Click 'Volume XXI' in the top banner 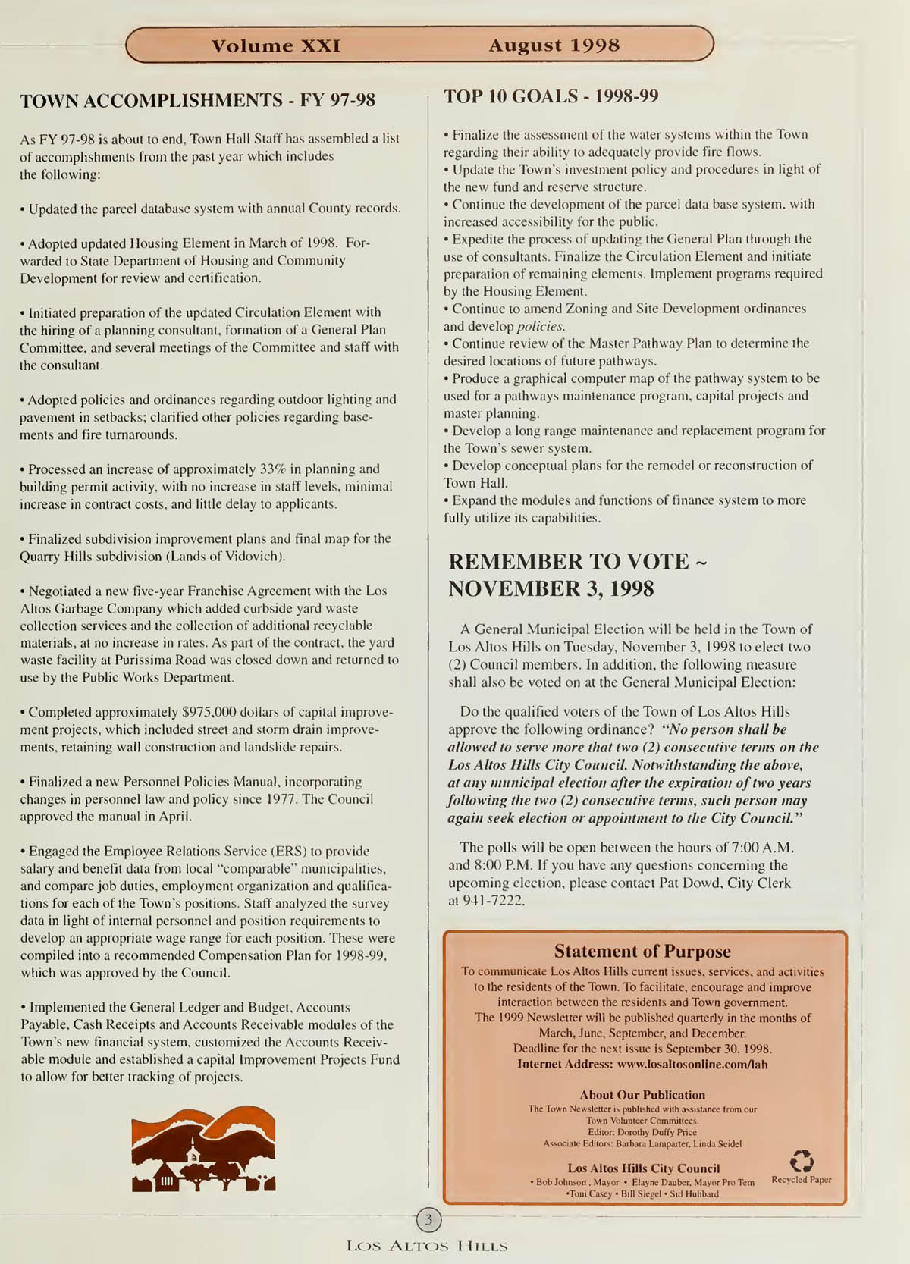click(x=275, y=45)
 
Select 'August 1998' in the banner click(x=554, y=45)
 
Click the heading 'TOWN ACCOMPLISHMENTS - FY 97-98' click(x=197, y=101)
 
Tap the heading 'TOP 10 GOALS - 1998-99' click(x=551, y=96)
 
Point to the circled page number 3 click(x=428, y=1220)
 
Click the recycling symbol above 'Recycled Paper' click(x=802, y=1161)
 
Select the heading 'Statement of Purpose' click(x=642, y=951)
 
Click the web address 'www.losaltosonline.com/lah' click(x=692, y=1065)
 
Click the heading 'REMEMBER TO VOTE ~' click(x=577, y=562)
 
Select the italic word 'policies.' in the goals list click(x=541, y=326)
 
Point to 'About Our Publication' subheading click(x=642, y=1095)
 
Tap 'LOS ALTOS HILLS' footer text click(x=427, y=1246)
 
